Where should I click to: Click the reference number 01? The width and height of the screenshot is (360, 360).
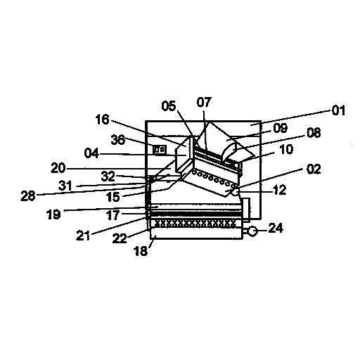point(338,110)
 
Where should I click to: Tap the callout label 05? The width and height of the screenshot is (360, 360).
point(169,106)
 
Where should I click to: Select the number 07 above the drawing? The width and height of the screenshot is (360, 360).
point(204,102)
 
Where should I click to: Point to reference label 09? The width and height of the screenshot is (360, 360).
point(281,128)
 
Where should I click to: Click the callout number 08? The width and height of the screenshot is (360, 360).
point(314,133)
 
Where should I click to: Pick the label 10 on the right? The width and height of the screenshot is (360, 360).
point(286,149)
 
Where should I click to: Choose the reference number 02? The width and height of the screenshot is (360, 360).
point(314,169)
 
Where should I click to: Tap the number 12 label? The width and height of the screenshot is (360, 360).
point(280,190)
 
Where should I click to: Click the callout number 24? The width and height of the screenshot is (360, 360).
point(276,228)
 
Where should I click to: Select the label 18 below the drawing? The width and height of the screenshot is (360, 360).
point(141,251)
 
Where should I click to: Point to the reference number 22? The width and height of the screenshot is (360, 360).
point(120,239)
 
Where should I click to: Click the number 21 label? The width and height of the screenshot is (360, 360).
point(83,236)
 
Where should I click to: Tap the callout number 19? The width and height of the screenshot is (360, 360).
point(53,214)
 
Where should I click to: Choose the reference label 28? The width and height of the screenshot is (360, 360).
point(28,195)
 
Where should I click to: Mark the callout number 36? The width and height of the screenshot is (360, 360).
point(118,140)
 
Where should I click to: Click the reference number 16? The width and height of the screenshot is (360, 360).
point(103,120)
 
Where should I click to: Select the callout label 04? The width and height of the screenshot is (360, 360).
point(91,153)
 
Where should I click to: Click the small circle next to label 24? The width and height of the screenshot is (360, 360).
point(252,231)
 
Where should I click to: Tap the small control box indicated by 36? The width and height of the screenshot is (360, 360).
point(160,150)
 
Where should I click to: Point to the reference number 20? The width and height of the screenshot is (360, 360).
point(58,168)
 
